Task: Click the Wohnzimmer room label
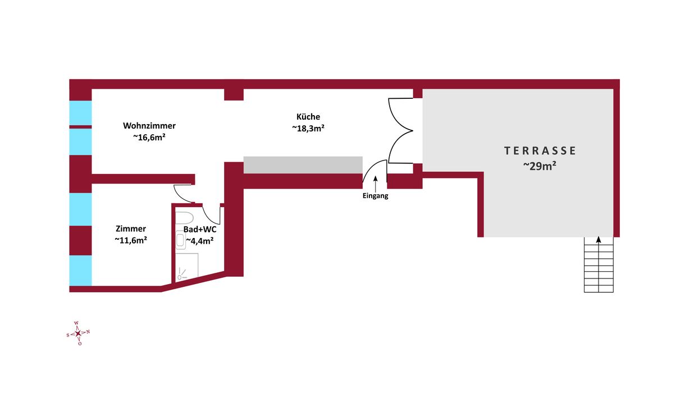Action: pos(149,126)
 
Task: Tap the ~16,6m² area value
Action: pos(149,137)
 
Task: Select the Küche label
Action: pos(308,117)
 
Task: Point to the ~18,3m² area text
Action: pos(308,128)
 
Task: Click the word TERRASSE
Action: pos(540,151)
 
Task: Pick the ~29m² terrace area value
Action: pos(540,166)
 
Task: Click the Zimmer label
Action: pos(131,229)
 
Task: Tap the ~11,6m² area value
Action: pos(131,240)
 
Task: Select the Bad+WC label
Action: pos(200,230)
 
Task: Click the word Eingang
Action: pos(375,196)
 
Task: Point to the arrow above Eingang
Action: pos(375,184)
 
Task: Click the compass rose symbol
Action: pos(79,333)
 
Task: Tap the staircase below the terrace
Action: pos(599,264)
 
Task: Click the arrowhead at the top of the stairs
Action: pos(599,239)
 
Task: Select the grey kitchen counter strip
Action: pos(303,164)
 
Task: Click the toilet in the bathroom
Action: pos(184,218)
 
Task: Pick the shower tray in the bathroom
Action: pos(187,267)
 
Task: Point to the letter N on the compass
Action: pos(88,332)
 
